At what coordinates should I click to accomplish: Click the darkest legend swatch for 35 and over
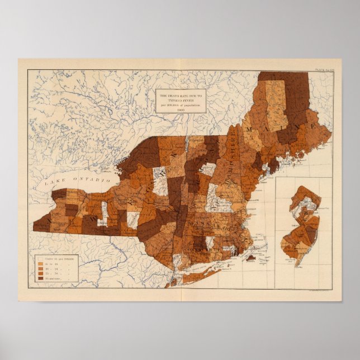[41, 278]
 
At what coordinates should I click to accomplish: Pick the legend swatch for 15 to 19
[41, 264]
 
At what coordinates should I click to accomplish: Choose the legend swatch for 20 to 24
[41, 269]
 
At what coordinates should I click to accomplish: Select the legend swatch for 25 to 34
[41, 273]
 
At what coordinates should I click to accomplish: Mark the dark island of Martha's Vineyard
[251, 258]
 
